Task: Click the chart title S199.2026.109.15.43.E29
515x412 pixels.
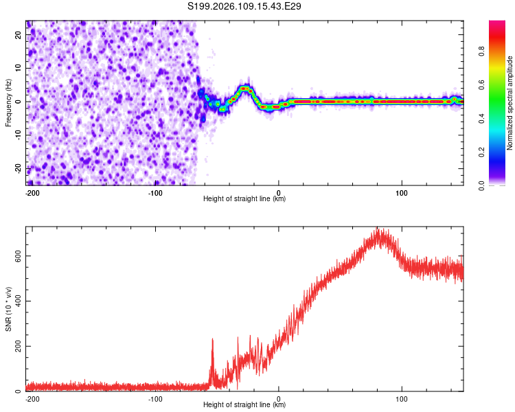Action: pos(245,6)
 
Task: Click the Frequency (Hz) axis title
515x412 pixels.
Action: pos(8,102)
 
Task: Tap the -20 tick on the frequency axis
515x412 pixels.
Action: pos(18,168)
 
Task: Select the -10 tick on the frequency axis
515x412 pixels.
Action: pos(18,135)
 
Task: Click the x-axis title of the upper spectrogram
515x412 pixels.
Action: pos(244,198)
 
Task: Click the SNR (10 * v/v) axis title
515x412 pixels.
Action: pos(8,308)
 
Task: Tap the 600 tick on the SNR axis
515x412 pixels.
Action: pos(16,255)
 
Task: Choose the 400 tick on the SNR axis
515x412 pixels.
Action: pos(16,301)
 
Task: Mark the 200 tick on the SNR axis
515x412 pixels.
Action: pos(16,346)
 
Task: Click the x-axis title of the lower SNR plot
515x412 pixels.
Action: pos(244,404)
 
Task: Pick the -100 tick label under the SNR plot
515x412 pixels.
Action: pos(155,398)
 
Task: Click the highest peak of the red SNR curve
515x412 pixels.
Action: pos(377,229)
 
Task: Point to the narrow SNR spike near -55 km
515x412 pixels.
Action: pos(212,339)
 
